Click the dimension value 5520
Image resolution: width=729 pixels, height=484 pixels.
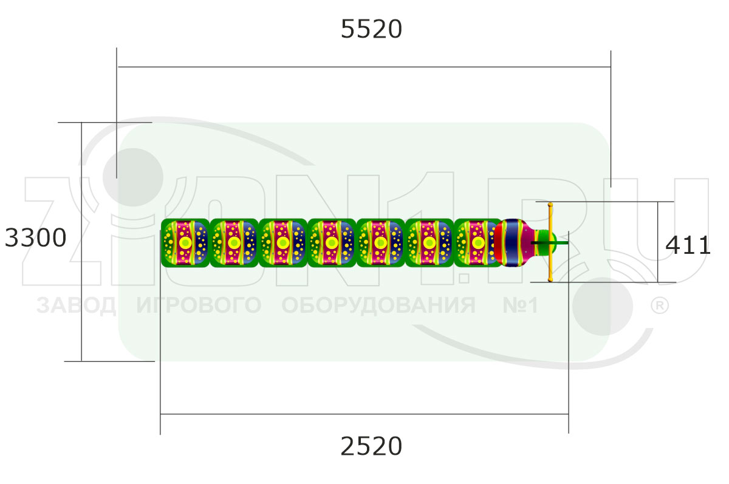pos(371,29)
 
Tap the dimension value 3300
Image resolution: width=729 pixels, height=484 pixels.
pos(35,238)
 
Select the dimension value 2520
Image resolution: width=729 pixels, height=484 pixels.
pos(371,446)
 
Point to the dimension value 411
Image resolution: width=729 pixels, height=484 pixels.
pos(688,245)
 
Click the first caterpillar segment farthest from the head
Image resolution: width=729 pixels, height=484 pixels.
pos(185,243)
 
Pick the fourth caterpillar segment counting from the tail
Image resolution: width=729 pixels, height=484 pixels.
pos(332,243)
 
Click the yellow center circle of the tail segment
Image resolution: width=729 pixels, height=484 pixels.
pos(185,243)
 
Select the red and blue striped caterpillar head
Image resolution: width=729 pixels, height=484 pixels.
pos(513,243)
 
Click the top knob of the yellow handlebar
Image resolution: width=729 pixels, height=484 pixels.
pos(550,205)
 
